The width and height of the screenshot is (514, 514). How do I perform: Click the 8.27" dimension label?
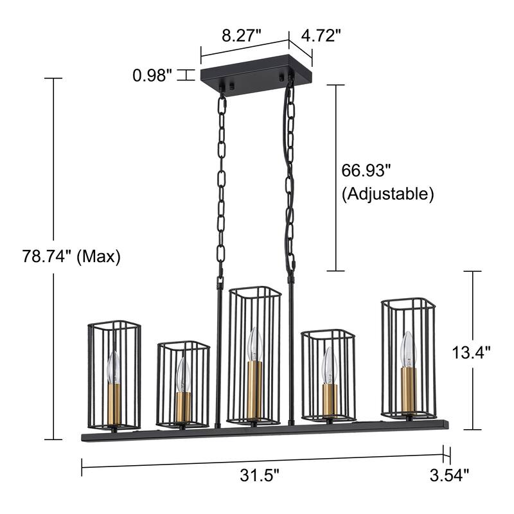(x=242, y=35)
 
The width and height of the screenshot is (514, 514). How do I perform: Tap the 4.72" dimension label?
(x=321, y=35)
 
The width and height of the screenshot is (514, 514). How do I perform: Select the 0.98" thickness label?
(x=152, y=76)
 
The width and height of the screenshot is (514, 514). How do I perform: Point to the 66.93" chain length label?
(x=366, y=171)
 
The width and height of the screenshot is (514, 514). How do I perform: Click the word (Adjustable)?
(x=388, y=194)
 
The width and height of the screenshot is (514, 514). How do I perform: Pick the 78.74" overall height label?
(x=46, y=256)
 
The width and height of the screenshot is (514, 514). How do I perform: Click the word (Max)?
(x=98, y=256)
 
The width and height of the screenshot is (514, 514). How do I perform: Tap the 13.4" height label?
(x=471, y=352)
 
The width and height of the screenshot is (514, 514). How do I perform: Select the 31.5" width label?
(x=260, y=475)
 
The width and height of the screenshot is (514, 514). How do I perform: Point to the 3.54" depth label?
(x=449, y=475)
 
